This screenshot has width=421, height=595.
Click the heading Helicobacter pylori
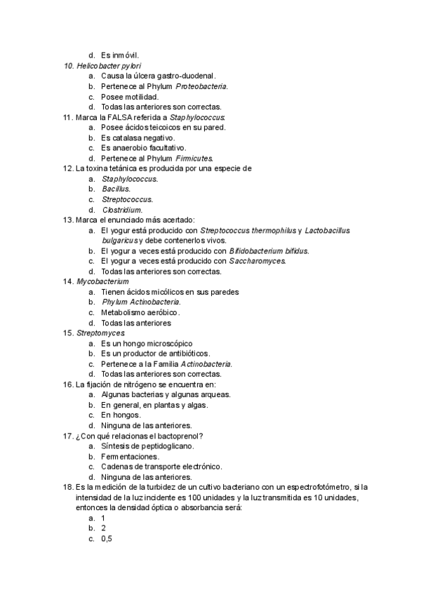click(x=107, y=65)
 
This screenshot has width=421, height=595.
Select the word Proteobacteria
click(x=201, y=86)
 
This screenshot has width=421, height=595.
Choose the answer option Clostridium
click(x=122, y=210)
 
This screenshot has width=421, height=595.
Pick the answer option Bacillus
click(x=116, y=189)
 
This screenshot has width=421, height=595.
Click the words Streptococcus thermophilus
click(x=248, y=230)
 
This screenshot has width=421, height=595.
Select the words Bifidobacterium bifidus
click(x=269, y=250)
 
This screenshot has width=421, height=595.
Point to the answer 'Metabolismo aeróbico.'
click(x=141, y=312)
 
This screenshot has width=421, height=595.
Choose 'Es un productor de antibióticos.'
click(x=155, y=354)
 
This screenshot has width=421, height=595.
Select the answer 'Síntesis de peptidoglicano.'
click(x=148, y=446)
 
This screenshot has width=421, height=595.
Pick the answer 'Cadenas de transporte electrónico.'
click(x=161, y=466)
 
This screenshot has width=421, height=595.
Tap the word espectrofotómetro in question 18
click(x=314, y=487)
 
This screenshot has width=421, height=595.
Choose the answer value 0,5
click(x=107, y=538)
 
